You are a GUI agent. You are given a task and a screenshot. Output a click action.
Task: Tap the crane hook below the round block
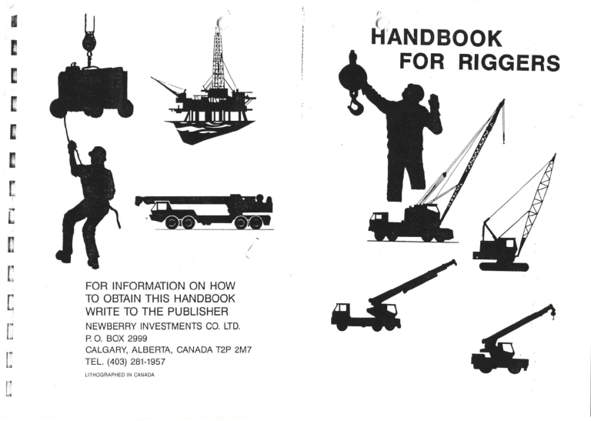click(355, 103)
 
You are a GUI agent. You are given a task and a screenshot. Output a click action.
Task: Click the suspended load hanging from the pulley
click(90, 90)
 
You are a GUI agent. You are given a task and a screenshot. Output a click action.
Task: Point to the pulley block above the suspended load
click(88, 38)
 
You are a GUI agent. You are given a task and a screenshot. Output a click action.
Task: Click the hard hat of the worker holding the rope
click(98, 152)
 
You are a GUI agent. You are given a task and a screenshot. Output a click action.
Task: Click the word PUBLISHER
click(192, 312)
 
